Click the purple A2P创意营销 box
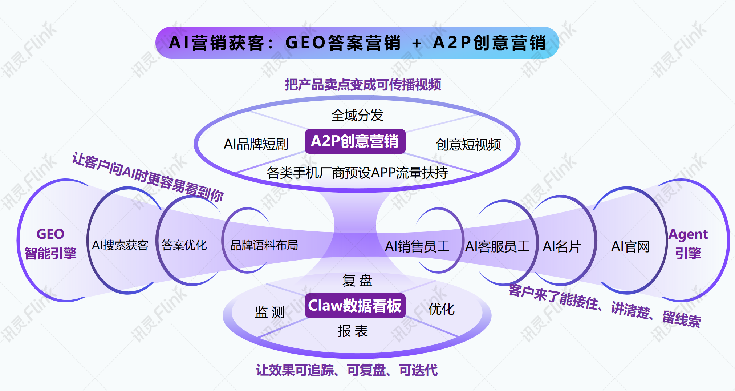[x=355, y=141]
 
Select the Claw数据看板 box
[x=355, y=306]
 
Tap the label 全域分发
[x=357, y=115]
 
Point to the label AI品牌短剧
[x=256, y=144]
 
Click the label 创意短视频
[x=468, y=145]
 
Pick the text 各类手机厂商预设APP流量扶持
[x=357, y=173]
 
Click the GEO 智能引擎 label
[x=50, y=244]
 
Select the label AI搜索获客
[x=120, y=245]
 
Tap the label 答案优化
[x=184, y=245]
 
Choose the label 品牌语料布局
[x=264, y=245]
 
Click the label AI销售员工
[x=417, y=247]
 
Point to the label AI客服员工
[x=498, y=247]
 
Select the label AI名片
[x=562, y=247]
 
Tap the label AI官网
[x=630, y=247]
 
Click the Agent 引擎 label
[x=688, y=244]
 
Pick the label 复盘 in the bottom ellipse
[x=357, y=281]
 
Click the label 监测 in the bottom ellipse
[x=269, y=312]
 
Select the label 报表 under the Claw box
[x=353, y=331]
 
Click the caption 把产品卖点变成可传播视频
[x=363, y=85]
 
